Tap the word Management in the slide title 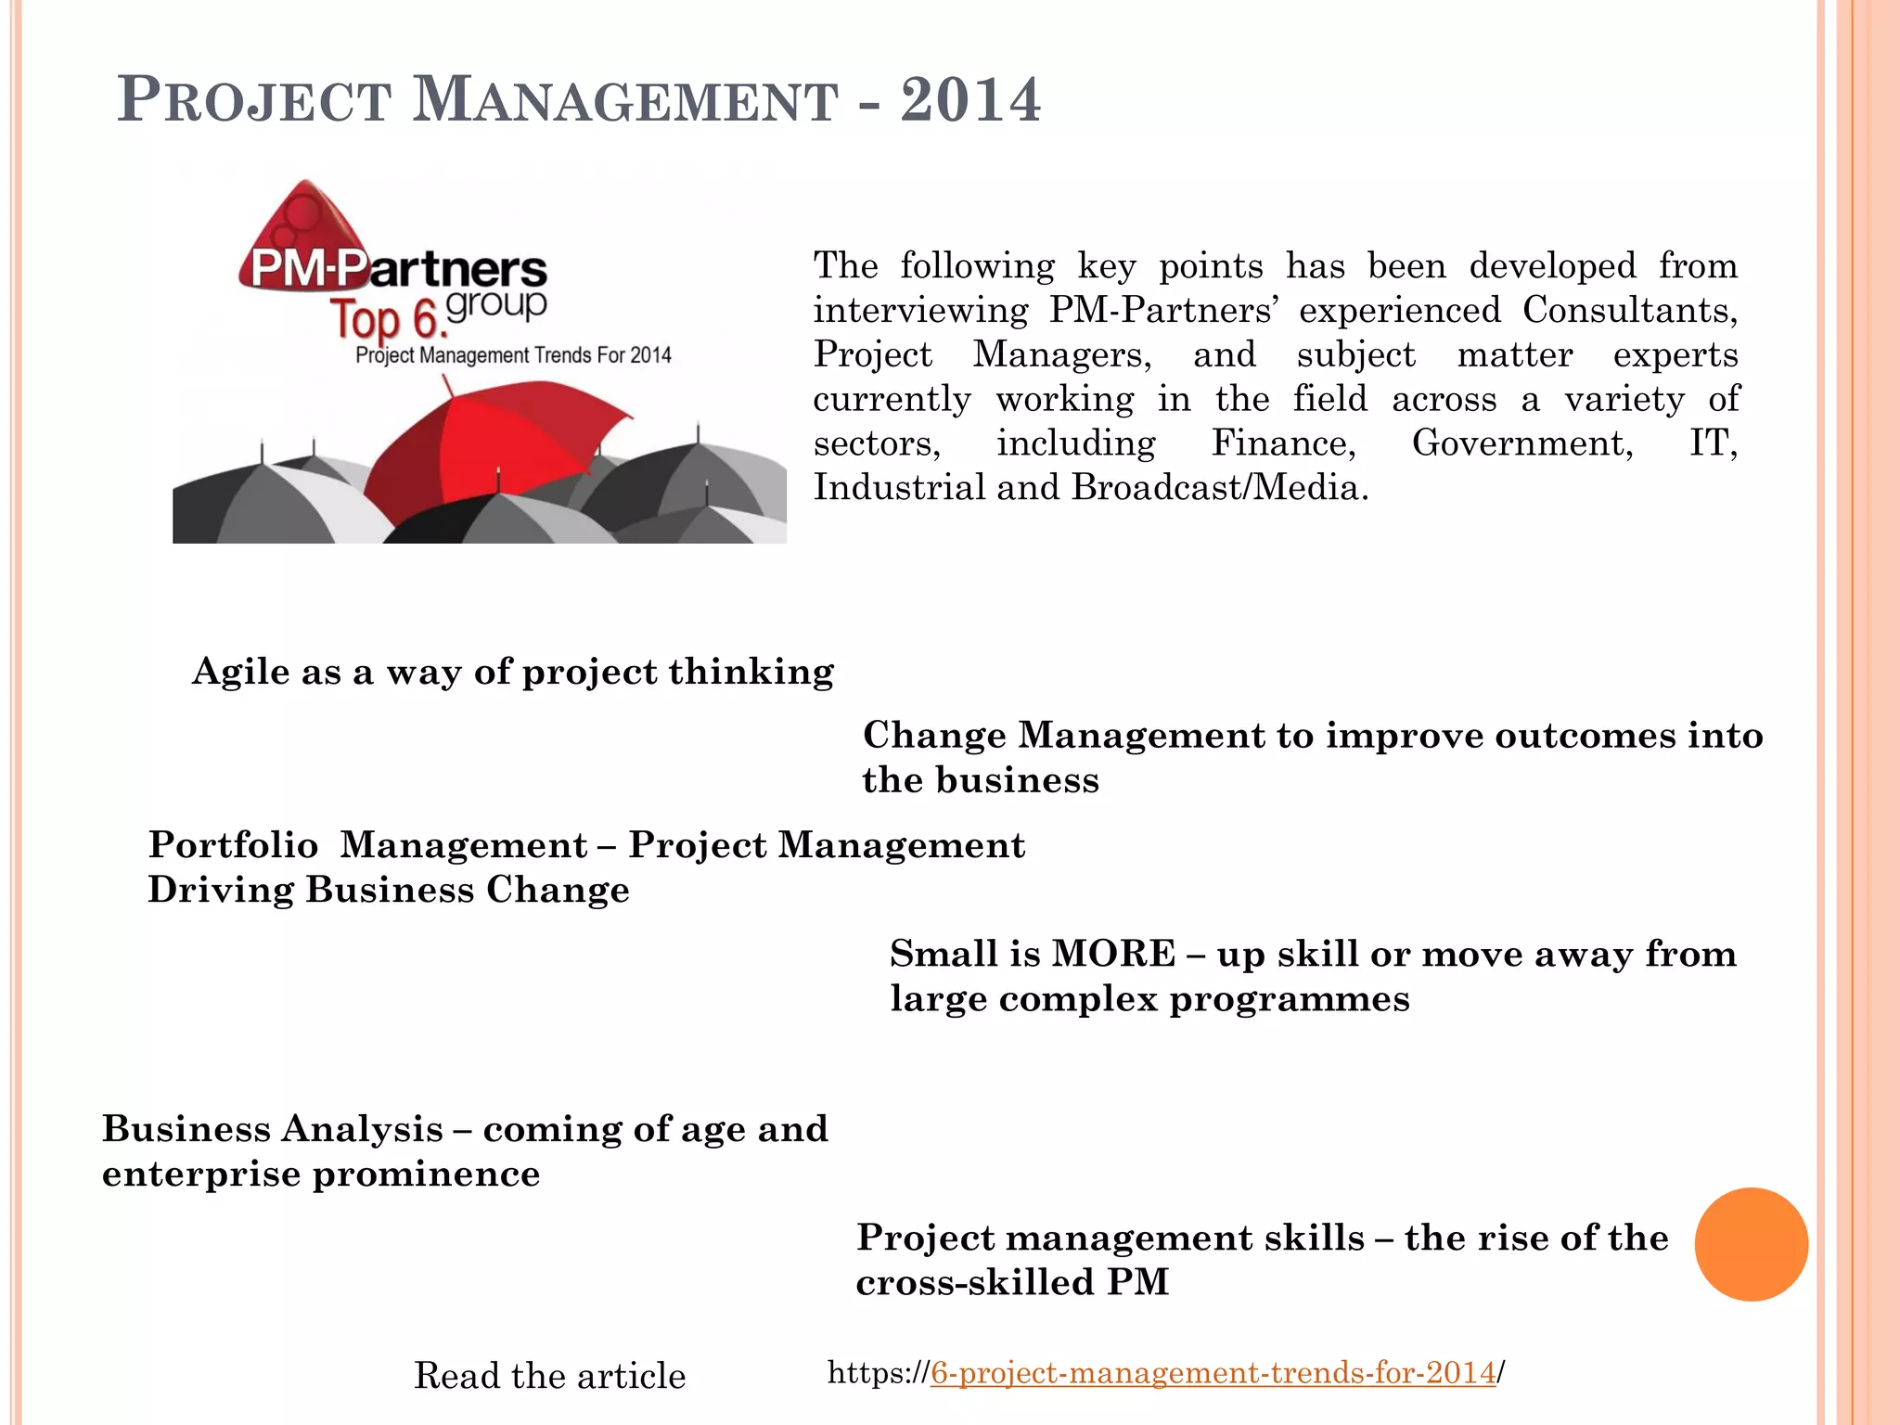(x=624, y=101)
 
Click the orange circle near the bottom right (x=1751, y=1244)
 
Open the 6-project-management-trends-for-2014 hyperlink (x=1213, y=1372)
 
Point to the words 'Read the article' (x=549, y=1375)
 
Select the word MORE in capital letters (x=1113, y=954)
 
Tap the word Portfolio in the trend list (x=233, y=845)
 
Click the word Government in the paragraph (x=1521, y=443)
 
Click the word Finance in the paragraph (x=1283, y=443)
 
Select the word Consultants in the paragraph (x=1629, y=310)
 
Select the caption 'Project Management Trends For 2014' (x=513, y=355)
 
